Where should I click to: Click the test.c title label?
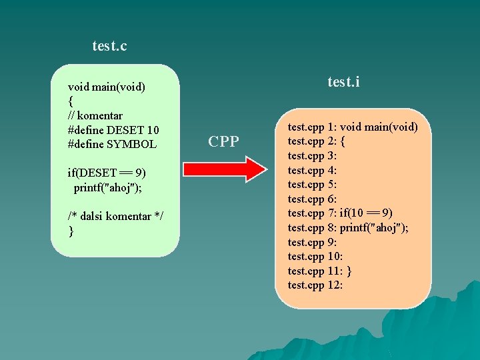coord(109,46)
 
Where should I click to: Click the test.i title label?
coord(344,82)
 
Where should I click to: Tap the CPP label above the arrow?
coord(223,141)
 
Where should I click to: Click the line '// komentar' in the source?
coord(95,115)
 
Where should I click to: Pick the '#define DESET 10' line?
coord(113,129)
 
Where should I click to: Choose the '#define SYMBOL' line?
coord(112,144)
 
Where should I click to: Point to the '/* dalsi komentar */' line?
coord(116,216)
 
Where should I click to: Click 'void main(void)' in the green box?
coord(107,87)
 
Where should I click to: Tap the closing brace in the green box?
coord(71,231)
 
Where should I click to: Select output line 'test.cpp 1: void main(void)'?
coord(353,127)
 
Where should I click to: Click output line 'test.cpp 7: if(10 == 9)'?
coord(340,213)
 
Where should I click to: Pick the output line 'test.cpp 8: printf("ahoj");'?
coord(348,227)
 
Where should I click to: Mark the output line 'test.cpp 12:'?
coord(315,285)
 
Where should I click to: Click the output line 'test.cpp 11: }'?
coord(320,271)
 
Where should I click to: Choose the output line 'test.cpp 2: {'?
coord(317,141)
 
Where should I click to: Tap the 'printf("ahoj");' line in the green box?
coord(107,187)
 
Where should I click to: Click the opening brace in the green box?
coord(71,101)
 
